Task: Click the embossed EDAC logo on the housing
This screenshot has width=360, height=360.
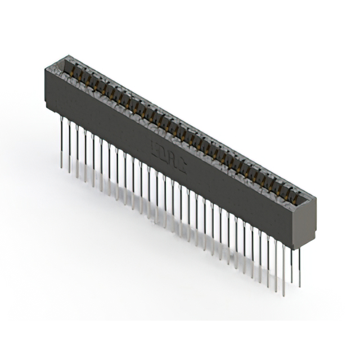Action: pos(169,157)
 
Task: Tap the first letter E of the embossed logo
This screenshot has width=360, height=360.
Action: pos(155,150)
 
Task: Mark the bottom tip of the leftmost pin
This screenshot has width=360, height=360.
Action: pos(61,167)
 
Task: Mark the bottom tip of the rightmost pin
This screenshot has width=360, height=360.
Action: pos(299,286)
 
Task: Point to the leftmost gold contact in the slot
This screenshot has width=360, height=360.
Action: pos(72,69)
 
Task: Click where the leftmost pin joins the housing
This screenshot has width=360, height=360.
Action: pos(61,119)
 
